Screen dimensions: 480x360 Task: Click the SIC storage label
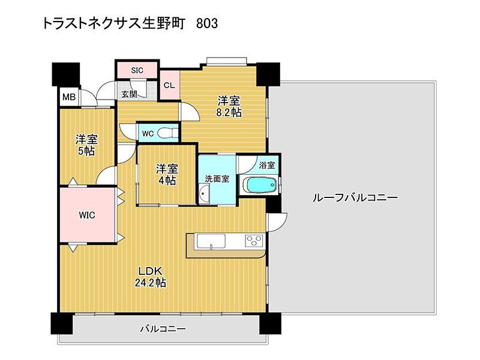point(137,70)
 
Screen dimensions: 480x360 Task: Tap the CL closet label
point(169,85)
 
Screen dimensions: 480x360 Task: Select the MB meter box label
point(69,97)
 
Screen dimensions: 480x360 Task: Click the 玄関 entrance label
point(129,94)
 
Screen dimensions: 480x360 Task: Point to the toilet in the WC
point(167,133)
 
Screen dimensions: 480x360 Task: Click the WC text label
point(148,134)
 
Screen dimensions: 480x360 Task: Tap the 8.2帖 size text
point(229,113)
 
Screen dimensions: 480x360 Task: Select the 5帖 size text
point(86,151)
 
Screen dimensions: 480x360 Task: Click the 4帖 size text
point(167,181)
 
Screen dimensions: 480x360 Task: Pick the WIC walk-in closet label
point(87,215)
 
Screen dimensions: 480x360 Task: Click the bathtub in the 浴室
point(260,185)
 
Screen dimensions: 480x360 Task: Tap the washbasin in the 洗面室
point(204,193)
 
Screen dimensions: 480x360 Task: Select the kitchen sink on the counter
point(211,241)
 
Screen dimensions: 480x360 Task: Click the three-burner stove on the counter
point(254,241)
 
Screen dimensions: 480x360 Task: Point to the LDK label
point(151,271)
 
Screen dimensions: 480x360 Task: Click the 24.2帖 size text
point(151,282)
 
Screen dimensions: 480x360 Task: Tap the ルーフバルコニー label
point(355,197)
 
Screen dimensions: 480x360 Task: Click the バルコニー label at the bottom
point(163,329)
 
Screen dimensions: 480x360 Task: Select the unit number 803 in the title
point(207,23)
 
